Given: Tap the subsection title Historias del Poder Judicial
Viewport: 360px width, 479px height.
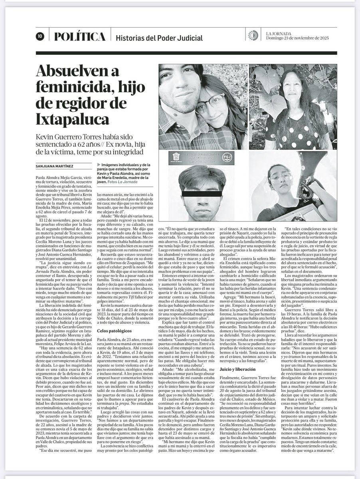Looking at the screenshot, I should (159, 38).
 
